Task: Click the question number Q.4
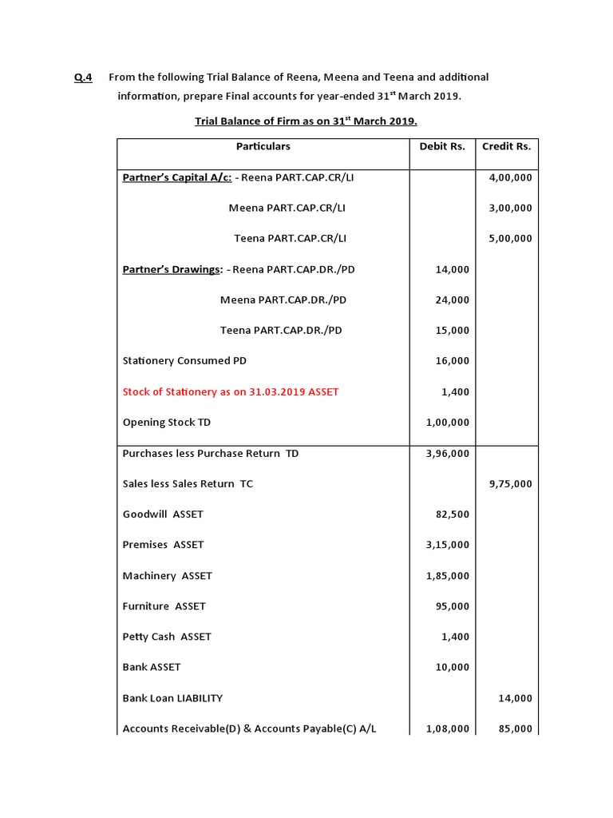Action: [x=83, y=77]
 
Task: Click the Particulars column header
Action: [x=263, y=146]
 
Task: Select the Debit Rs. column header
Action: [x=442, y=146]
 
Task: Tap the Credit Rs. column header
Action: [x=506, y=146]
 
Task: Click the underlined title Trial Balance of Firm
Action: [x=306, y=121]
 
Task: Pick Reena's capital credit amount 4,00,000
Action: [x=510, y=177]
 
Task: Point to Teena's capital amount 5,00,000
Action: [x=510, y=238]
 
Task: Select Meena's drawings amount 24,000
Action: [x=453, y=300]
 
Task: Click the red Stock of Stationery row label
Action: [x=230, y=391]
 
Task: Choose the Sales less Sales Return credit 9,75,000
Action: [x=510, y=483]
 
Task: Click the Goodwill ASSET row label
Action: [x=163, y=514]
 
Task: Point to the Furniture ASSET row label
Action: [x=164, y=606]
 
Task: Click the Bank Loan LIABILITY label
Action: [x=172, y=698]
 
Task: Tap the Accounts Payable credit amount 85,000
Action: [x=515, y=729]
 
